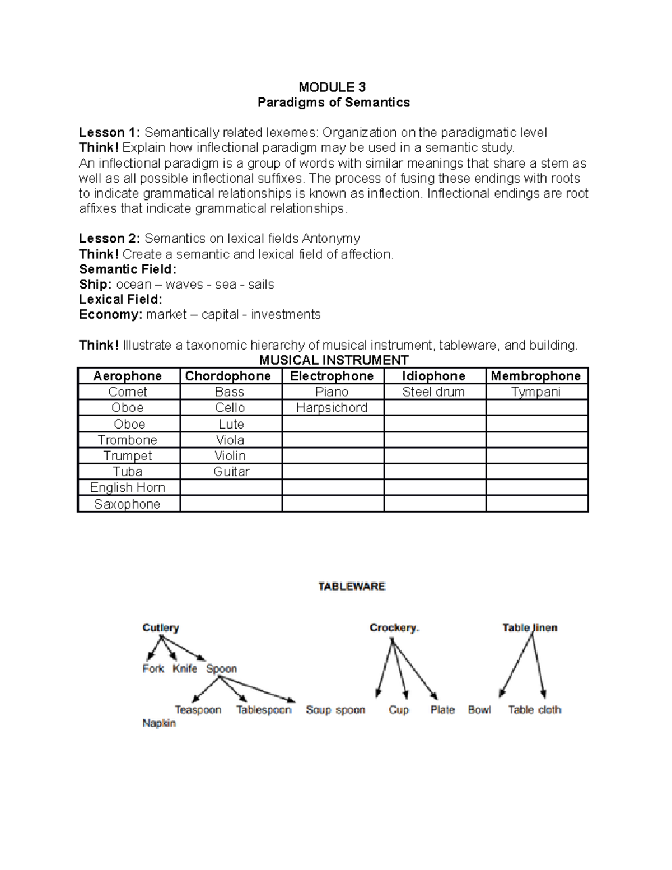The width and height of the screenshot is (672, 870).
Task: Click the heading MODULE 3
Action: click(332, 87)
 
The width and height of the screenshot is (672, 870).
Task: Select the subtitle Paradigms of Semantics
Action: click(333, 103)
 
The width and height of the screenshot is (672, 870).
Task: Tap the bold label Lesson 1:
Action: click(109, 133)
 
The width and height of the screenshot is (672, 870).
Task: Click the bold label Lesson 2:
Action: click(109, 239)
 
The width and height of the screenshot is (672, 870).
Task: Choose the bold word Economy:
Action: click(110, 315)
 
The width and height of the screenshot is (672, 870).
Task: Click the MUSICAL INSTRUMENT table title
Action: click(334, 360)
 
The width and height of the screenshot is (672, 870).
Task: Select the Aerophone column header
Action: click(128, 376)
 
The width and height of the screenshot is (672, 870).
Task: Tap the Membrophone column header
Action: click(536, 376)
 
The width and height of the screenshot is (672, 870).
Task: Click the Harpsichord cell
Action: click(332, 408)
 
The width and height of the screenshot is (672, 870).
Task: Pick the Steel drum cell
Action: click(433, 392)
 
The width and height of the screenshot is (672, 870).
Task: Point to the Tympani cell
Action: click(536, 392)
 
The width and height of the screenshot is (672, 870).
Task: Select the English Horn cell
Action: click(128, 487)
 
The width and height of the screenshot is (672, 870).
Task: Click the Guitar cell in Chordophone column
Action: click(231, 472)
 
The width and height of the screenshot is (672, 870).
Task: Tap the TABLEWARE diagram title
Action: click(352, 587)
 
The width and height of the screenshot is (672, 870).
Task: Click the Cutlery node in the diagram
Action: click(161, 627)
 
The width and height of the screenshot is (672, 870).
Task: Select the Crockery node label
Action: click(394, 627)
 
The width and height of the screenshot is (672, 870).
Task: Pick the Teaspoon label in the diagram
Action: click(198, 710)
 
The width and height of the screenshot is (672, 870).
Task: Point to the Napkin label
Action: click(159, 723)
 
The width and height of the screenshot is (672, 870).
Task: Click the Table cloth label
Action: click(535, 710)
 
